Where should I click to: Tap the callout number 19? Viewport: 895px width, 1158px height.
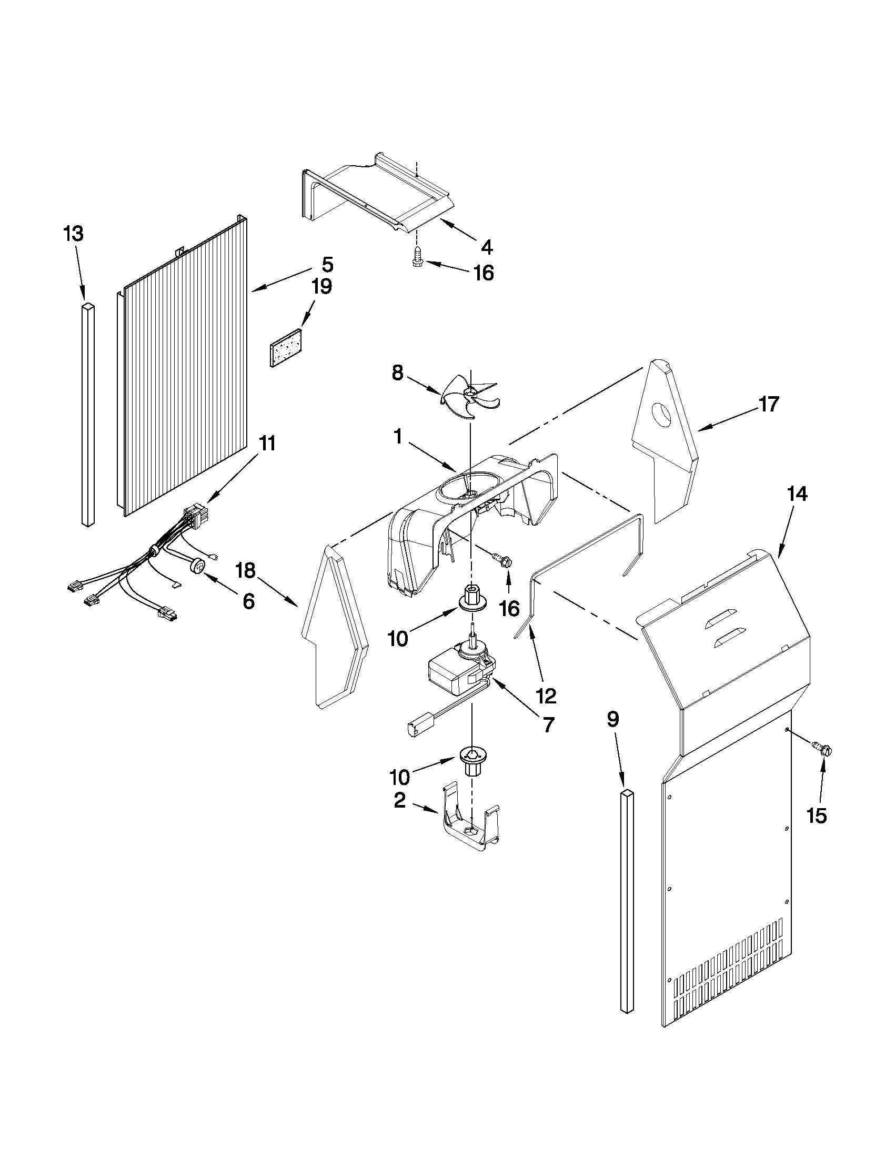[321, 287]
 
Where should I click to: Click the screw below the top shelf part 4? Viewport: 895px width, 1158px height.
[417, 258]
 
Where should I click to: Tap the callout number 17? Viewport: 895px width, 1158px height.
[769, 404]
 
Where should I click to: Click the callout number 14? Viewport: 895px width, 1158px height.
[797, 494]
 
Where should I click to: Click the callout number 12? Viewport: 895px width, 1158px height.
[546, 695]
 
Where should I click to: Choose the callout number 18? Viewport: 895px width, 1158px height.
[246, 570]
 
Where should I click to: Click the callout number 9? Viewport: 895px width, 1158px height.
[612, 720]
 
